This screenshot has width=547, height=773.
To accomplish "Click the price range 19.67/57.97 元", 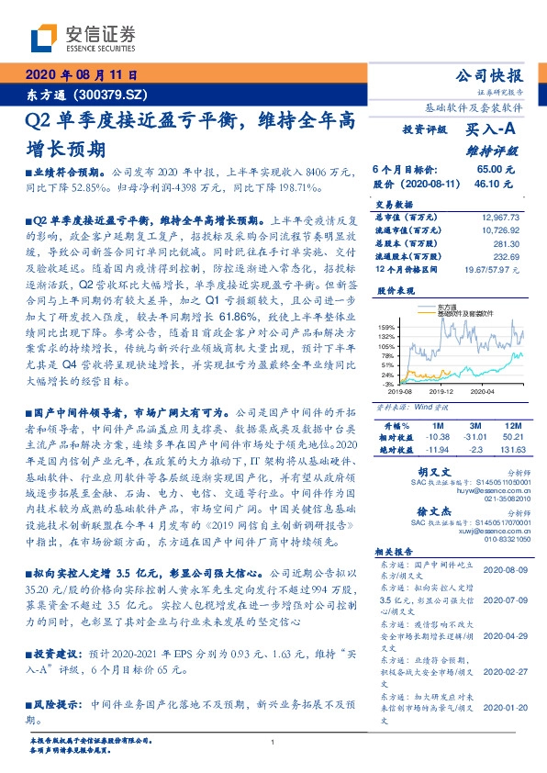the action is coord(489,271).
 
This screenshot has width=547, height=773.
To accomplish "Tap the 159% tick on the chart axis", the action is coord(387,327).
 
